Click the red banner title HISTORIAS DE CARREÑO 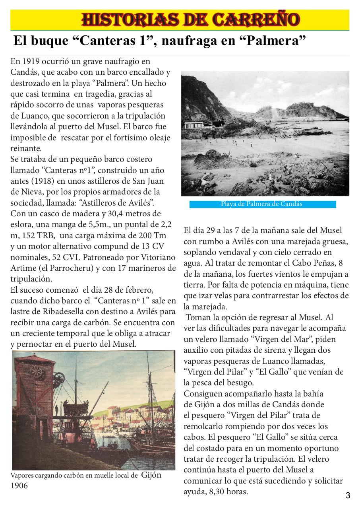tap(190, 19)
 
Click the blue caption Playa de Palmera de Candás tap(262, 204)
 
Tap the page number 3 tap(348, 495)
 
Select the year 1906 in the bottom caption tap(19, 486)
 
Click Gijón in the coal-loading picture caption tap(151, 475)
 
